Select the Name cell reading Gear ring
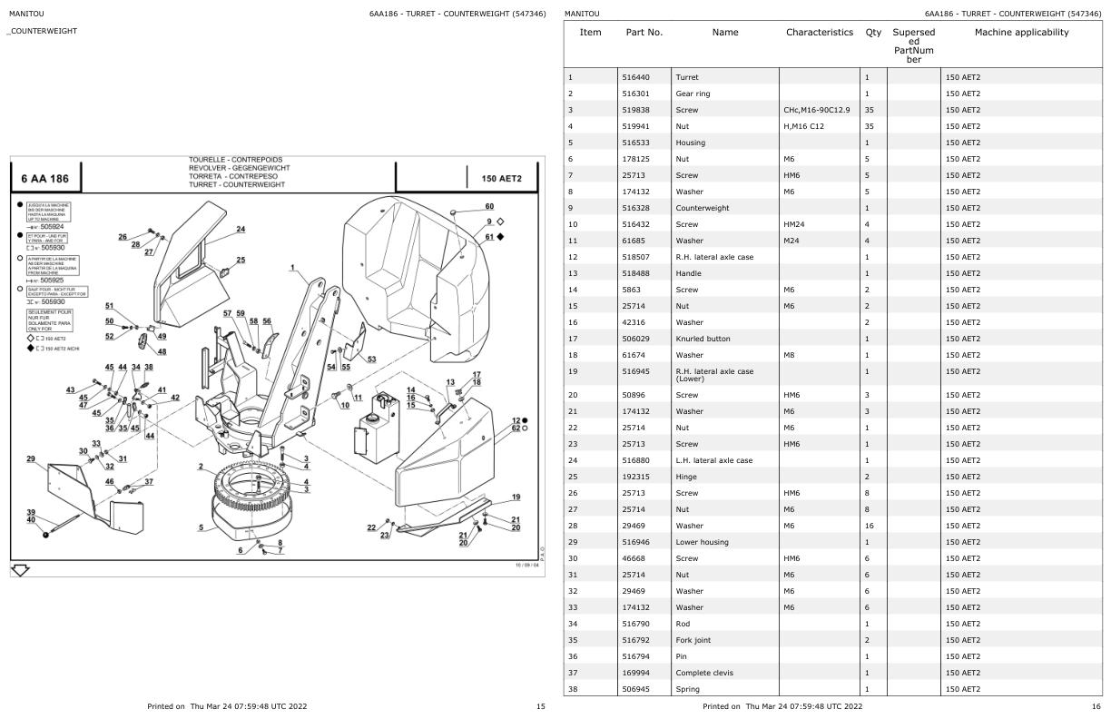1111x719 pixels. (x=693, y=94)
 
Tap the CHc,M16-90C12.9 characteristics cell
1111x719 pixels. (x=817, y=110)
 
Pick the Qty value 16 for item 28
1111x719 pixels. (x=870, y=526)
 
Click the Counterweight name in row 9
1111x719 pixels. (x=702, y=208)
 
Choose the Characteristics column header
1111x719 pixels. (x=820, y=33)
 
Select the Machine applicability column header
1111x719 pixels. (x=1021, y=33)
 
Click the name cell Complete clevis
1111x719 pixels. (x=703, y=673)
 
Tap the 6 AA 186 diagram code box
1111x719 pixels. (x=44, y=178)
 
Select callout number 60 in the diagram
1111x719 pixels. (x=489, y=207)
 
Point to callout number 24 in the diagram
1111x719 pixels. (x=241, y=229)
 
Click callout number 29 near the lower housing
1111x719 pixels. (x=31, y=459)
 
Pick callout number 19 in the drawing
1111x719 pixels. (x=516, y=497)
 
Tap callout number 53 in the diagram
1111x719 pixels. (x=371, y=359)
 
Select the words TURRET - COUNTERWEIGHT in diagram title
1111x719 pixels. (x=236, y=184)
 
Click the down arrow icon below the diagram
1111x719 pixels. (x=19, y=569)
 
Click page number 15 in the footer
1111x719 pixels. (x=540, y=705)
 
